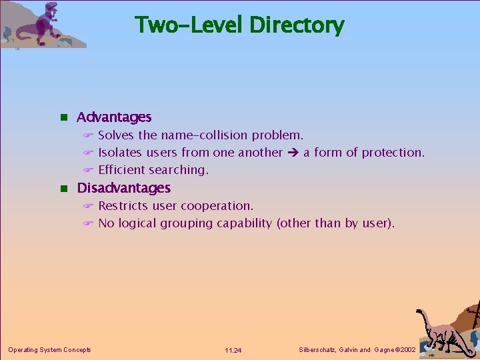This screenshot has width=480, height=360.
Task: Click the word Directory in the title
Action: pos(297,25)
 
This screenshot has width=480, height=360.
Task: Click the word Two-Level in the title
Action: pos(190,25)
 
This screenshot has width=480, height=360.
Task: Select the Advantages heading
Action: pos(114,117)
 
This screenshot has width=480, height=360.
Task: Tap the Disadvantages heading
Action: pos(124,188)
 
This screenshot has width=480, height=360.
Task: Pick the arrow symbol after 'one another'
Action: pos(293,153)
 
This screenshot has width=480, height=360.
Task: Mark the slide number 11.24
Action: pos(233,350)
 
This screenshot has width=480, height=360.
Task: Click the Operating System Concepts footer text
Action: pos(49,350)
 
